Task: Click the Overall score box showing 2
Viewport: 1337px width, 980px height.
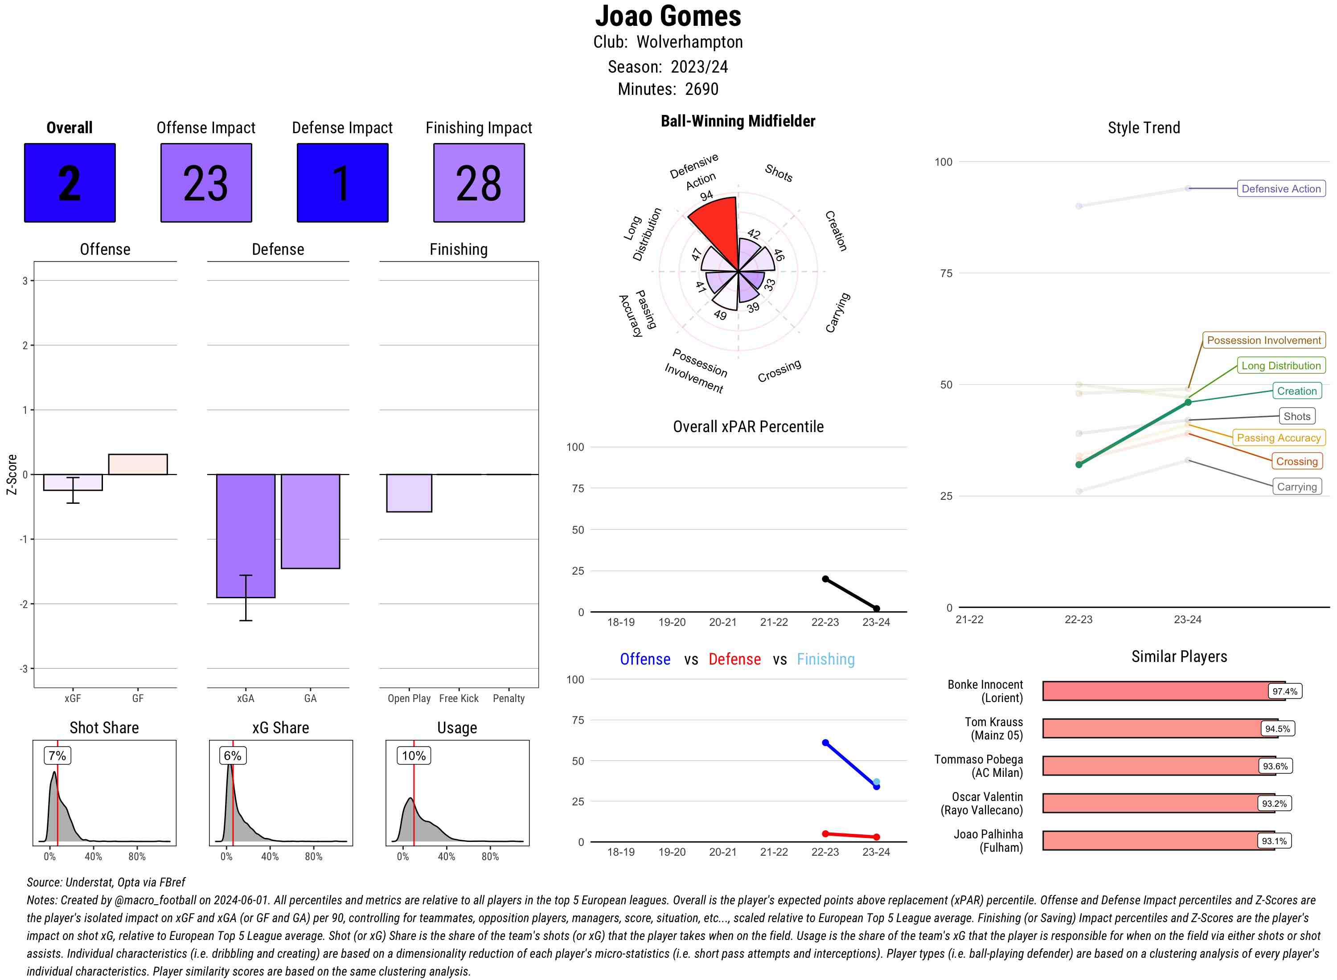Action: (x=70, y=183)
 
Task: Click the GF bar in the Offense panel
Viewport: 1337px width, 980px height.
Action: (x=138, y=464)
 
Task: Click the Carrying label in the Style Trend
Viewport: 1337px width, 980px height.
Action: (x=1296, y=486)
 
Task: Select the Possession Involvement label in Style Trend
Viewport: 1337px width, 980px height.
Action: (x=1263, y=340)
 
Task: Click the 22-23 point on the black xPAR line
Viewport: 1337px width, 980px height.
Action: (x=825, y=579)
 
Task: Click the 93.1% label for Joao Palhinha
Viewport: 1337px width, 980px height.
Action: (x=1274, y=841)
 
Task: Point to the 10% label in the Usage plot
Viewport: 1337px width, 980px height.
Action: (x=414, y=755)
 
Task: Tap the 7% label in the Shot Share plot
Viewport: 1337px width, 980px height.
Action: (x=57, y=755)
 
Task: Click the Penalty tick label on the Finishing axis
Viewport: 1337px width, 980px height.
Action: (x=509, y=698)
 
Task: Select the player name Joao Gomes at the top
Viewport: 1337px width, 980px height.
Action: (x=668, y=16)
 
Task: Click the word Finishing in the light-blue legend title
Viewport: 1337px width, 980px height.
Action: (x=825, y=659)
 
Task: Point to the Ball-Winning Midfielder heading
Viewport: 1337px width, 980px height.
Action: (x=738, y=121)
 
